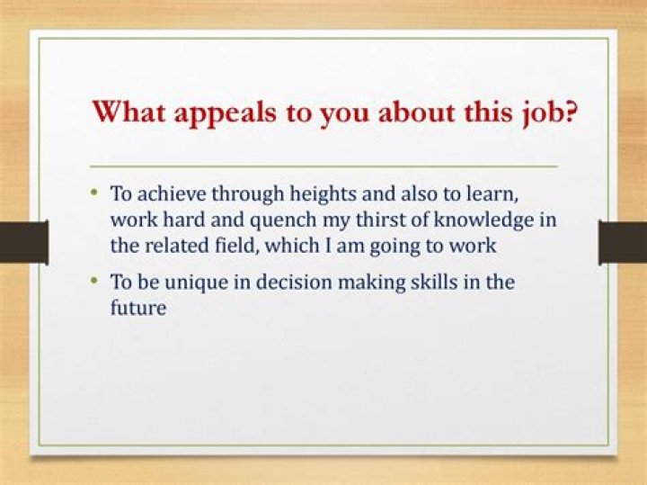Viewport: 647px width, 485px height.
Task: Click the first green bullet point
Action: (x=95, y=193)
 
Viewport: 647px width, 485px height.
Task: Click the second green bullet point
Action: (x=95, y=280)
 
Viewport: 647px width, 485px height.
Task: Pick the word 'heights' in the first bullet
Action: (x=305, y=193)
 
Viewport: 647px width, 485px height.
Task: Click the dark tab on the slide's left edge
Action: (x=23, y=243)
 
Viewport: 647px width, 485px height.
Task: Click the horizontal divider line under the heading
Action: (x=323, y=167)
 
